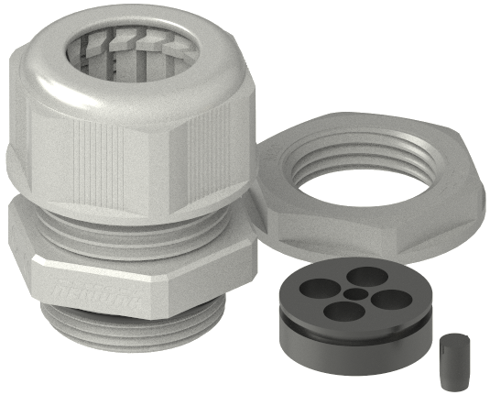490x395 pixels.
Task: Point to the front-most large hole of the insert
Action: (343, 310)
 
